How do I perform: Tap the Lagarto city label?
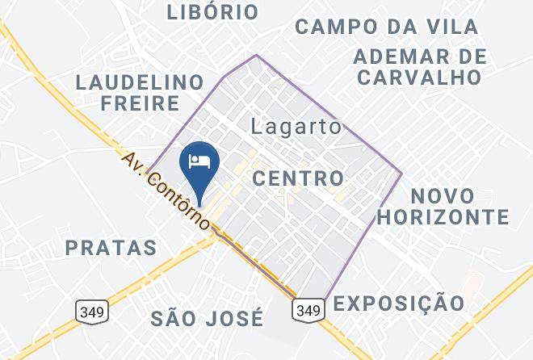tap(296, 127)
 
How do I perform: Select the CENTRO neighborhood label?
tap(299, 178)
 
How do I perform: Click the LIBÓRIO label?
tap(212, 12)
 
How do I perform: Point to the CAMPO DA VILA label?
tap(386, 26)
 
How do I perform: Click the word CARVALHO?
tap(420, 77)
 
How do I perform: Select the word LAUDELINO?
tap(139, 82)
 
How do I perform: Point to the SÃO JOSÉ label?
tap(208, 318)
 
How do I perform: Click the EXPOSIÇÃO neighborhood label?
tap(399, 303)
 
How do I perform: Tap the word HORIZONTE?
tap(443, 217)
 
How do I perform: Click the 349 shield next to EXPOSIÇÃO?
tap(308, 308)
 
